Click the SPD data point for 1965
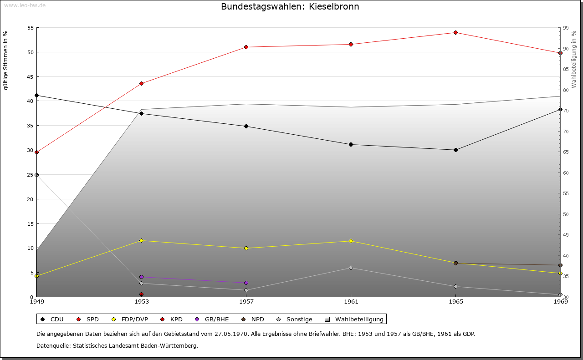(455, 32)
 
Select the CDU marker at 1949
(36, 95)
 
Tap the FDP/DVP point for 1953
(141, 240)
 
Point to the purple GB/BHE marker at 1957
(246, 283)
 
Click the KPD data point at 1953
(141, 294)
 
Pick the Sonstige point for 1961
(351, 268)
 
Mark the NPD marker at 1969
(560, 265)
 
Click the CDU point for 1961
(351, 144)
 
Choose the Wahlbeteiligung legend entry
(355, 319)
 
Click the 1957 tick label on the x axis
(246, 301)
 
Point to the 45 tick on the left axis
(31, 76)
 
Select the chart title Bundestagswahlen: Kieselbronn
(290, 7)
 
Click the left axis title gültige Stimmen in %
(5, 60)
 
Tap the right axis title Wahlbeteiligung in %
(574, 59)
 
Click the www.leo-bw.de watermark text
(24, 5)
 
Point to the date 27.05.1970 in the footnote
(231, 334)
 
